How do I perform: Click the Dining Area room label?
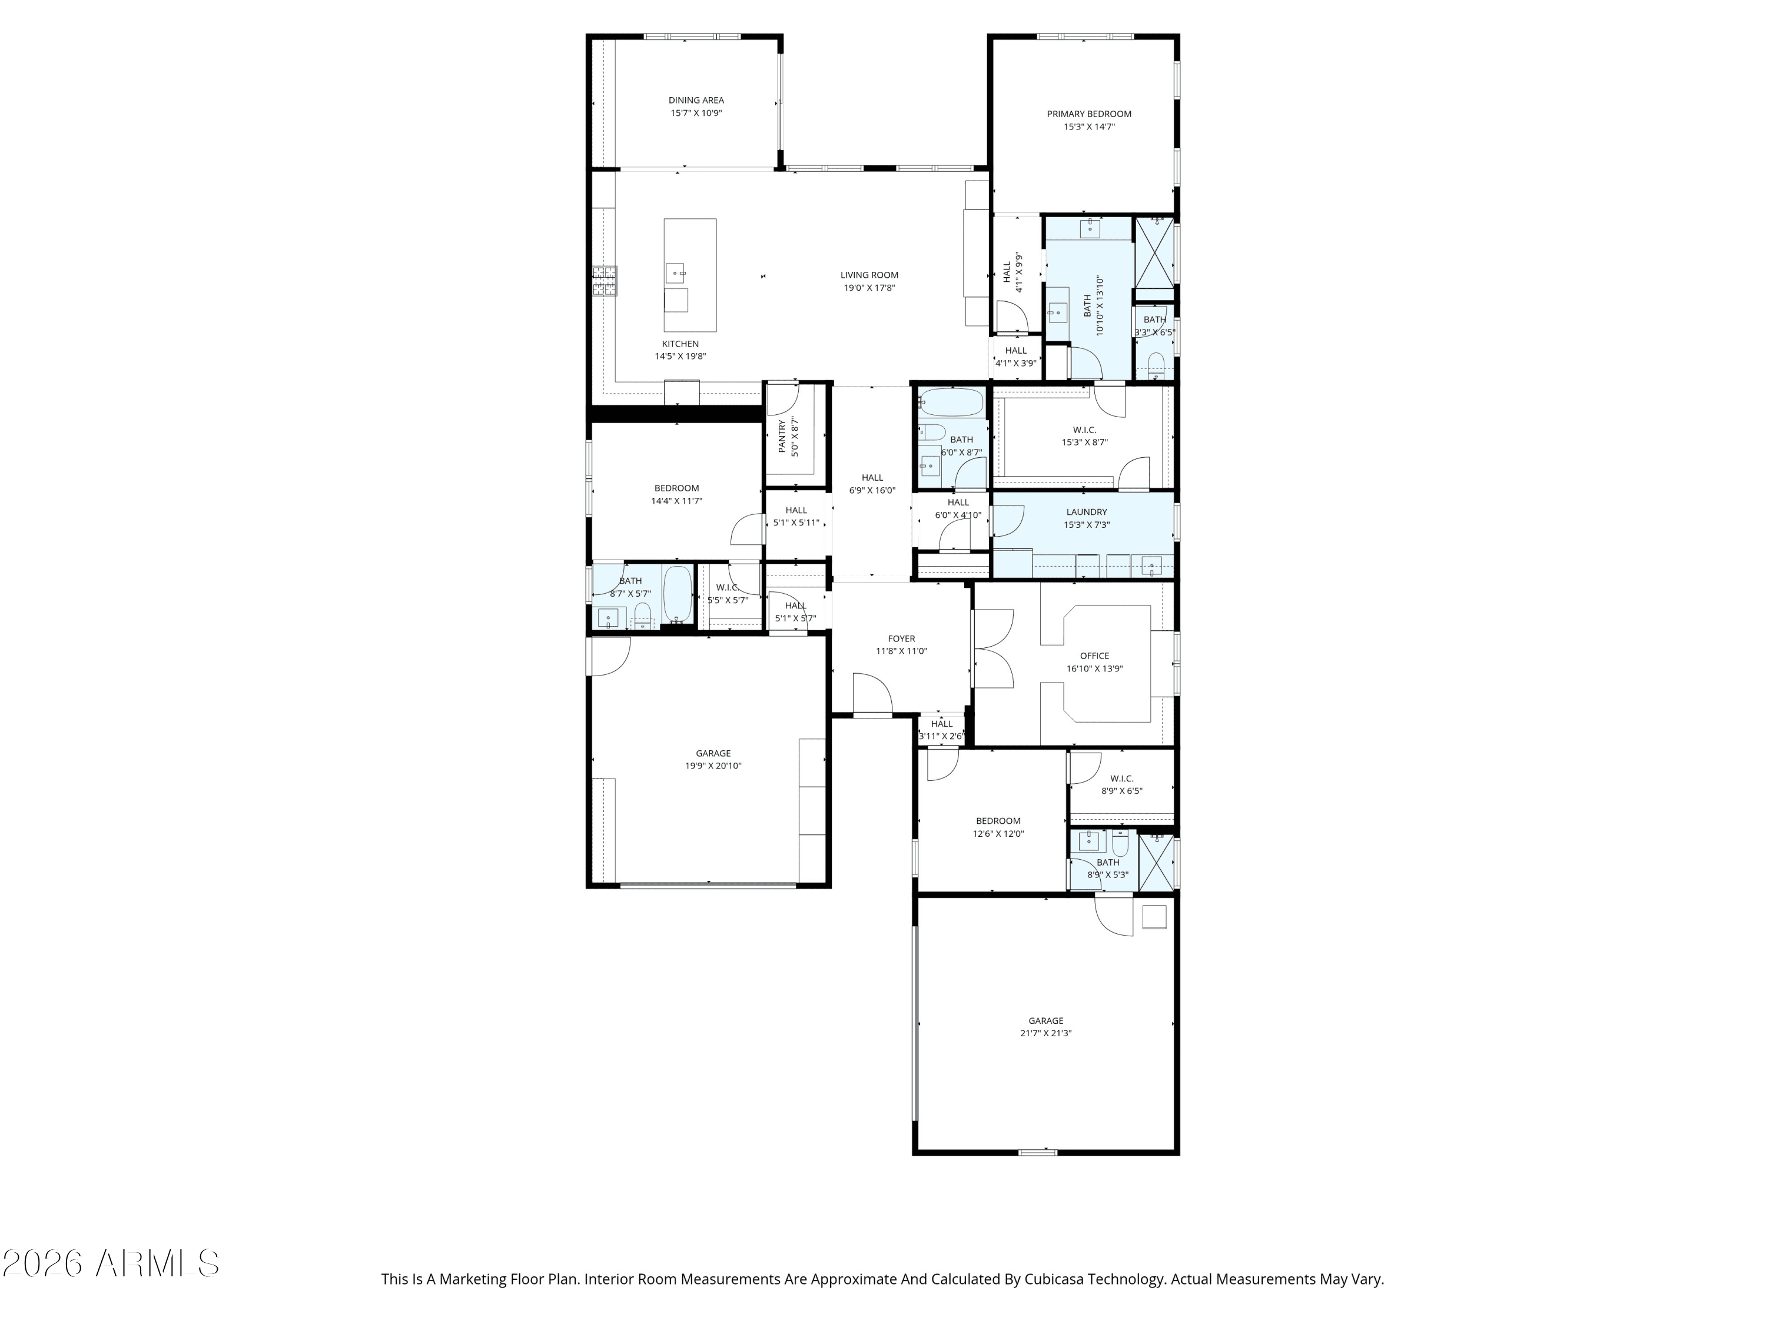pyautogui.click(x=696, y=101)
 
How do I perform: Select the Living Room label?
pyautogui.click(x=869, y=275)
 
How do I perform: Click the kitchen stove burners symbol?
pyautogui.click(x=605, y=281)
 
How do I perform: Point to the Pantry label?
pyautogui.click(x=782, y=437)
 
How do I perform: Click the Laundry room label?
pyautogui.click(x=1087, y=513)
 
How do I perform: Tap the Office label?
pyautogui.click(x=1094, y=656)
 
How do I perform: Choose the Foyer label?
pyautogui.click(x=901, y=638)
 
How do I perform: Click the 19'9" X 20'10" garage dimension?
pyautogui.click(x=713, y=766)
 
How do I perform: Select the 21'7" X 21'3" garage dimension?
pyautogui.click(x=1046, y=1033)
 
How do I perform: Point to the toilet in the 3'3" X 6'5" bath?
pyautogui.click(x=1155, y=367)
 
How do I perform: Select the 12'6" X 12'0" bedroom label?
pyautogui.click(x=998, y=821)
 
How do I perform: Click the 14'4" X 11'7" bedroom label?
pyautogui.click(x=676, y=488)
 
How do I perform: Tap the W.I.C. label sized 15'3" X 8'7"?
pyautogui.click(x=1084, y=430)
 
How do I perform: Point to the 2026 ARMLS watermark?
pyautogui.click(x=111, y=1263)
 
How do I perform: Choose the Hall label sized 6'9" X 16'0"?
pyautogui.click(x=872, y=478)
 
